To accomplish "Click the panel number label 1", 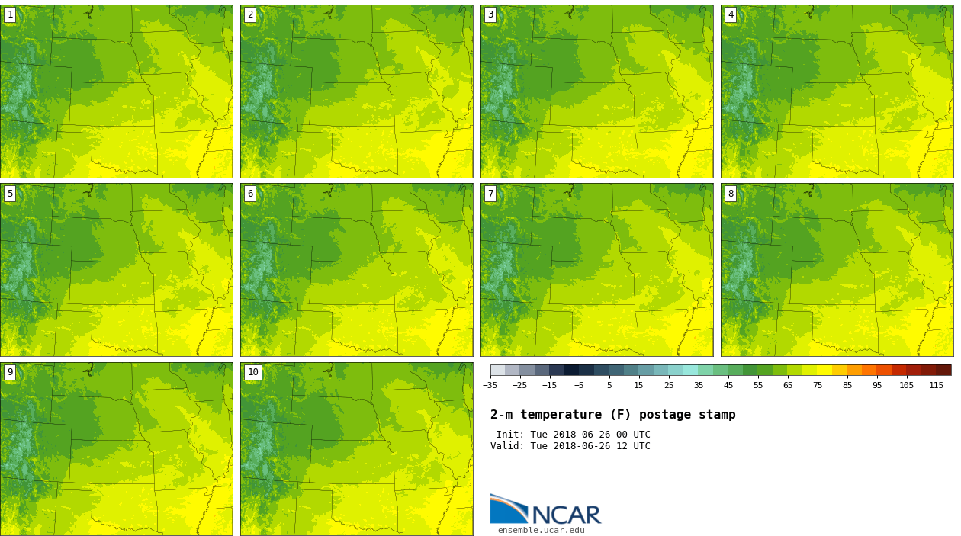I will pyautogui.click(x=10, y=14).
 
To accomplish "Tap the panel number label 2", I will pyautogui.click(x=250, y=14).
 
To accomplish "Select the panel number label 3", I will pyautogui.click(x=490, y=14).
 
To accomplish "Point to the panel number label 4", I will pyautogui.click(x=731, y=14).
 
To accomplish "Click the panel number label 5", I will pyautogui.click(x=10, y=194).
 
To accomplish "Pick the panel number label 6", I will pyautogui.click(x=250, y=194).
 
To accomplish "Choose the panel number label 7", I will pyautogui.click(x=490, y=194).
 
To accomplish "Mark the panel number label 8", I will pyautogui.click(x=731, y=194).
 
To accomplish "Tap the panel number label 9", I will pyautogui.click(x=10, y=373).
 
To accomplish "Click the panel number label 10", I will pyautogui.click(x=252, y=373).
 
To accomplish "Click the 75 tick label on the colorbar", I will pyautogui.click(x=817, y=386).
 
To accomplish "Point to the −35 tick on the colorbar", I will pyautogui.click(x=490, y=386).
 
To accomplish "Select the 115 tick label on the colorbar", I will pyautogui.click(x=936, y=386).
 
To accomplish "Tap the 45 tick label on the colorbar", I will pyautogui.click(x=728, y=386).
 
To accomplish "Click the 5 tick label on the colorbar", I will pyautogui.click(x=609, y=386).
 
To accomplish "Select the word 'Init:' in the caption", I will pyautogui.click(x=510, y=435).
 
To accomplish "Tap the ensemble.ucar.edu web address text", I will pyautogui.click(x=541, y=531).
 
